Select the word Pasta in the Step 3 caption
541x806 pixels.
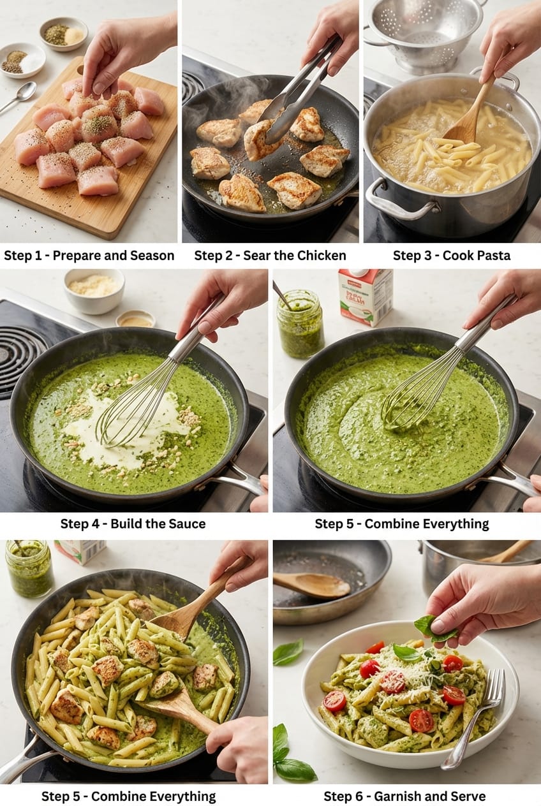(x=492, y=256)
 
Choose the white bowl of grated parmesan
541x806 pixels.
(x=94, y=290)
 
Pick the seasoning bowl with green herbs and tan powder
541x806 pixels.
(x=63, y=34)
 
